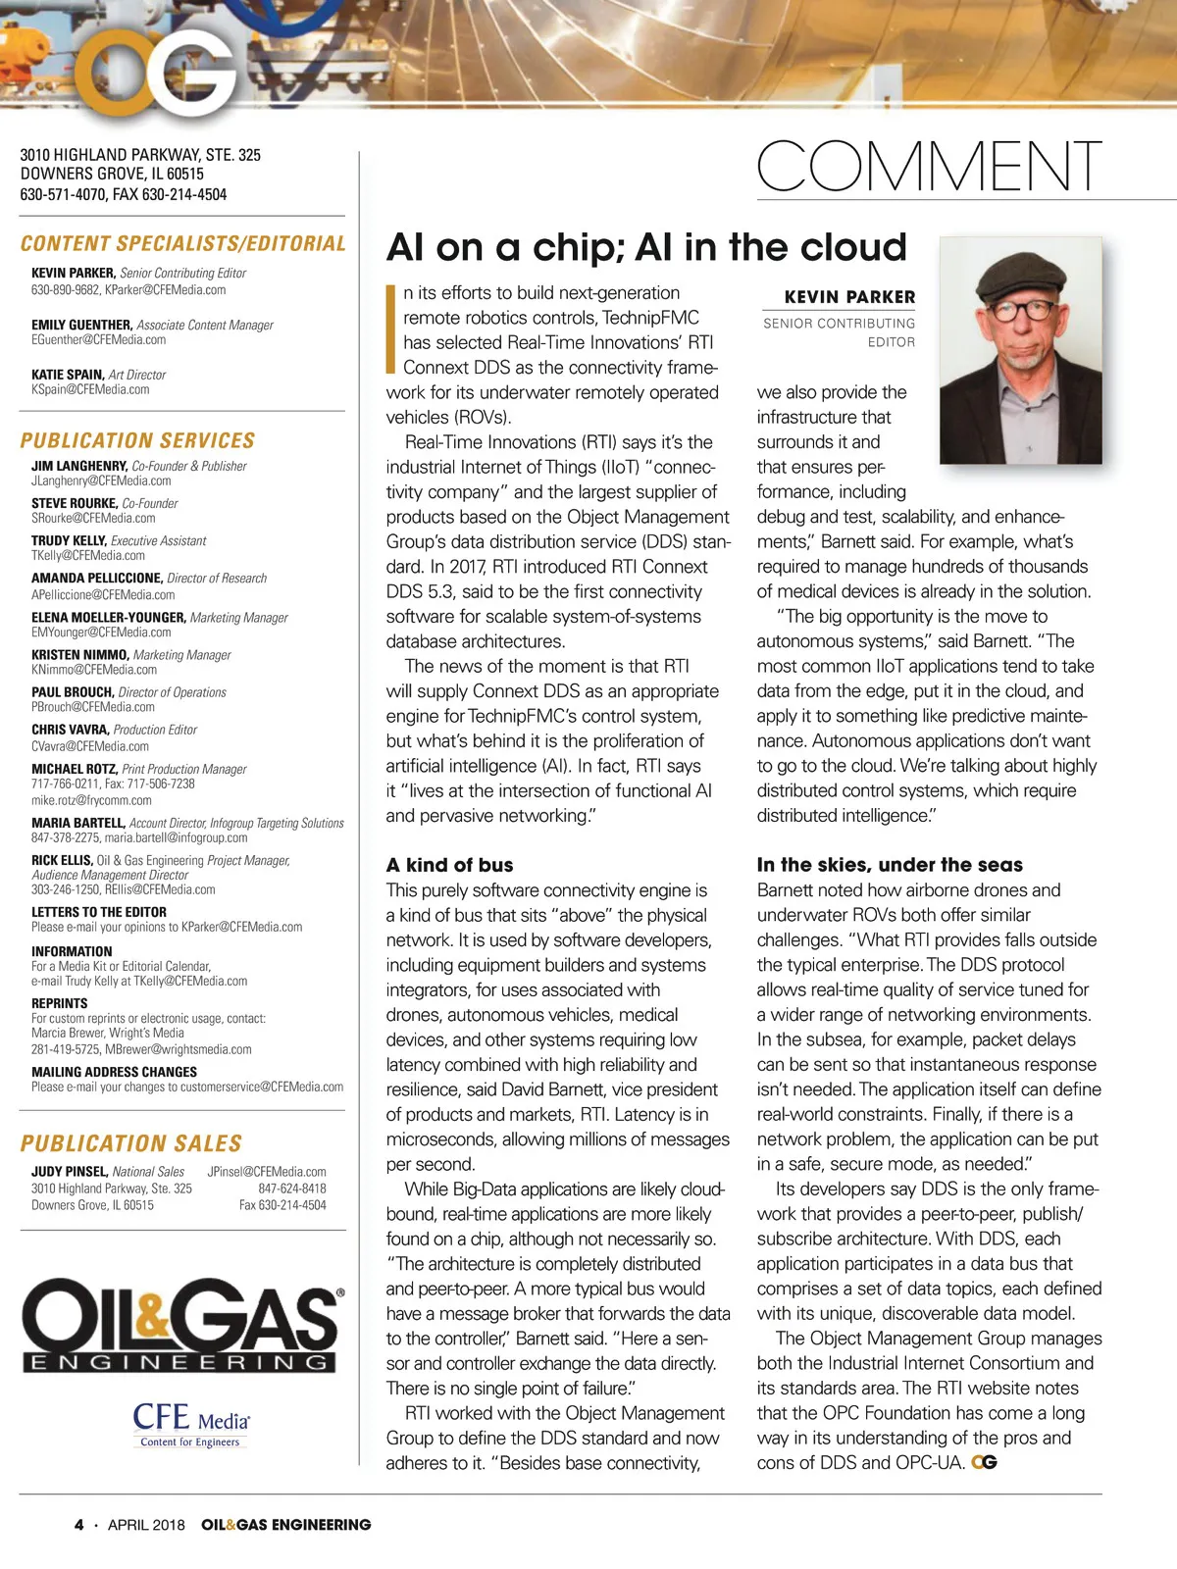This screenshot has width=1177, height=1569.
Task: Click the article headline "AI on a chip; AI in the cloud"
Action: [646, 247]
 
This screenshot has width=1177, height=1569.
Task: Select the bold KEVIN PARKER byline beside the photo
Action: [849, 296]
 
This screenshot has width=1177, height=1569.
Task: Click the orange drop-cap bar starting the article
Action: [391, 329]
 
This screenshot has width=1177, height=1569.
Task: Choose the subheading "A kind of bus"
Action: [449, 865]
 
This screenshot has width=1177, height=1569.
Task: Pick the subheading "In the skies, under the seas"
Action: [889, 865]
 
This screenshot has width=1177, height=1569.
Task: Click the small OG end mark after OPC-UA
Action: [984, 1462]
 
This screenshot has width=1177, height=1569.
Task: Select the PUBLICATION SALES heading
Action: [130, 1143]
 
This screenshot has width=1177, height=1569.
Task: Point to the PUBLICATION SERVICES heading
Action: [137, 440]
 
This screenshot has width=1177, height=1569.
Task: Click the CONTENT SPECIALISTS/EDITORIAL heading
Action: [182, 243]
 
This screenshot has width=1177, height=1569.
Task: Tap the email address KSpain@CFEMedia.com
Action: [90, 389]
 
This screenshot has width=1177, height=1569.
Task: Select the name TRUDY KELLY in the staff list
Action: [69, 540]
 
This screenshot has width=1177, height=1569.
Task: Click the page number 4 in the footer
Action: [79, 1525]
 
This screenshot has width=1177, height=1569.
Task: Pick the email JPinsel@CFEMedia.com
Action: [267, 1171]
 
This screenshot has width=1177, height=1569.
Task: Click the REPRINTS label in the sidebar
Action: [59, 1003]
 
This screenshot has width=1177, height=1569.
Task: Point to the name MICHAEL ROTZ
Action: [74, 769]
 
